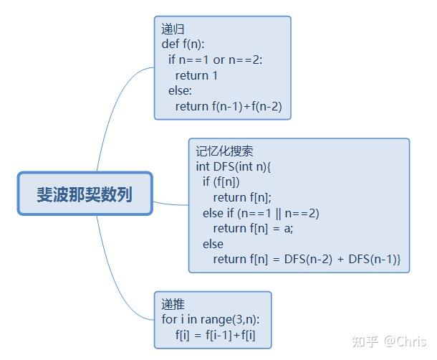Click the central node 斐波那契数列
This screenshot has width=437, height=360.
[x=85, y=194]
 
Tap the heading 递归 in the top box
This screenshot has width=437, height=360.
[x=173, y=29]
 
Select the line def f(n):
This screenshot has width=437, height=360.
[x=183, y=44]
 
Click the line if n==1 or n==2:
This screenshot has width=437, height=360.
[x=215, y=60]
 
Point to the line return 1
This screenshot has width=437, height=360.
[x=196, y=75]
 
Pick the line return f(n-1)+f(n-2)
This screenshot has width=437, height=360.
[x=229, y=106]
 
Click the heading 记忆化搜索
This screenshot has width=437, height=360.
[x=224, y=151]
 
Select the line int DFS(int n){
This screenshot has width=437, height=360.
[x=234, y=166]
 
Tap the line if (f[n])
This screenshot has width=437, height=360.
[x=221, y=181]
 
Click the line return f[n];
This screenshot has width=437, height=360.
[x=242, y=198]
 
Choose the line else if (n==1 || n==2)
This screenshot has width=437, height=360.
[x=261, y=213]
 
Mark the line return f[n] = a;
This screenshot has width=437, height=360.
[x=253, y=229]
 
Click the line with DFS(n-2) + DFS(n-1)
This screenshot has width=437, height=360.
[x=307, y=260]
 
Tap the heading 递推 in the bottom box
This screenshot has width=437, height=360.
[x=173, y=304]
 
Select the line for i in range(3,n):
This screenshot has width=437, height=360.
[x=211, y=319]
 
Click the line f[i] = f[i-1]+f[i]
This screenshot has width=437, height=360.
[x=216, y=335]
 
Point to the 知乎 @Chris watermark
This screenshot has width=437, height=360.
[x=389, y=341]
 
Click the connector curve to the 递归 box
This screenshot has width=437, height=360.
[x=112, y=109]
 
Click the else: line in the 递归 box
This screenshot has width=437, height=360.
[x=180, y=91]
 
